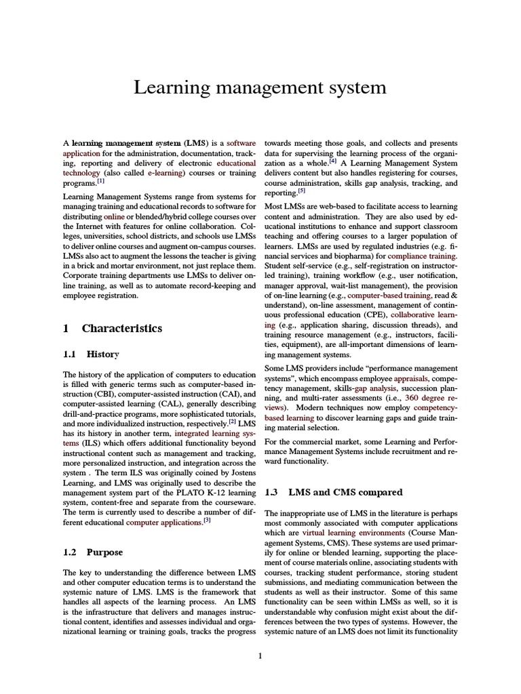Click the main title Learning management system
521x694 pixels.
click(260, 87)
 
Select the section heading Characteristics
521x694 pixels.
click(122, 328)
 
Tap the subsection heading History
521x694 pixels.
click(102, 354)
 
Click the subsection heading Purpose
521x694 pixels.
click(104, 552)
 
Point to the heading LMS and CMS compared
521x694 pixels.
click(345, 492)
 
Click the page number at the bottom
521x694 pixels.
click(260, 655)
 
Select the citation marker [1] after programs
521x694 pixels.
click(100, 181)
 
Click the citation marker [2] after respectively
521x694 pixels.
click(232, 421)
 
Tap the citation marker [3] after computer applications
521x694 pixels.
click(207, 520)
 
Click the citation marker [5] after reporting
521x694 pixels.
click(301, 191)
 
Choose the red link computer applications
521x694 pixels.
click(164, 523)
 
